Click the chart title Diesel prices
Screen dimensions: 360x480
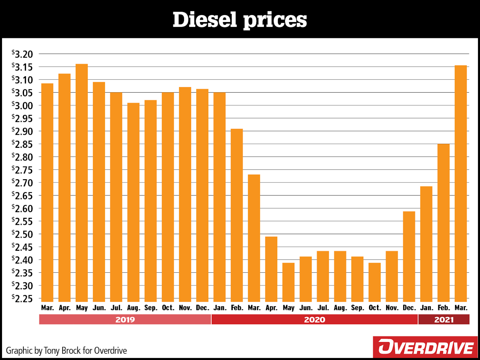[240, 20]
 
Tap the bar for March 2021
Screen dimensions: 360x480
[461, 183]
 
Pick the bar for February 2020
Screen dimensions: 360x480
[237, 215]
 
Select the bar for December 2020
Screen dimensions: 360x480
[409, 256]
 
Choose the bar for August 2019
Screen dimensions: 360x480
[133, 202]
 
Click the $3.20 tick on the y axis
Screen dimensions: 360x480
[22, 54]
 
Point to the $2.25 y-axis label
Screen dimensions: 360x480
[22, 299]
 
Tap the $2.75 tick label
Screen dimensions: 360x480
[22, 170]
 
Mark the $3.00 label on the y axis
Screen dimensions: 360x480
[22, 106]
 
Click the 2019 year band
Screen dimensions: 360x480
[125, 320]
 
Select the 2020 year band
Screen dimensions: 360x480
[314, 320]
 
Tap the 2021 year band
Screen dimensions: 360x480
[444, 320]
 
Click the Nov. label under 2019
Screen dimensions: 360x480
[185, 308]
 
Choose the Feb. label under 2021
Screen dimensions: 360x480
[444, 308]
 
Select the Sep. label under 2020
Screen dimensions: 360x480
[357, 308]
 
